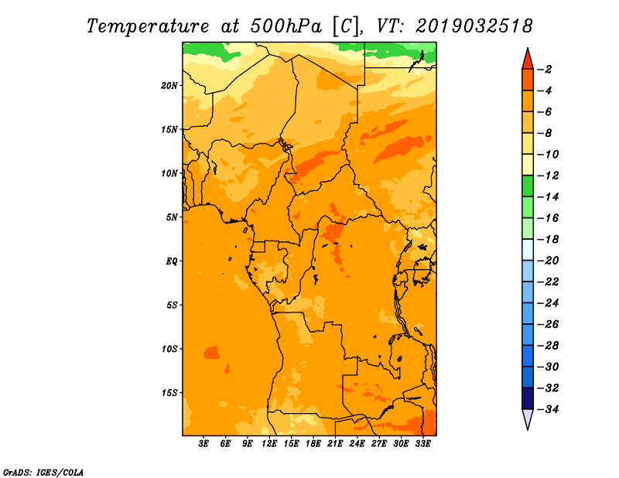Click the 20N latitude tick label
[169, 86]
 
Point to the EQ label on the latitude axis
[171, 261]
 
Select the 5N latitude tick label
[172, 217]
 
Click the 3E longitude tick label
[203, 444]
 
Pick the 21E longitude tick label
[335, 444]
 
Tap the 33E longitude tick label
[422, 444]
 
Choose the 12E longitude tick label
[269, 444]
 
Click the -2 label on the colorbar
[545, 70]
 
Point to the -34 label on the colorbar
[549, 409]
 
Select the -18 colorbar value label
[549, 239]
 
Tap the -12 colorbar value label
[549, 176]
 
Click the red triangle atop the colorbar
[528, 60]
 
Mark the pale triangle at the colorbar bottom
[528, 418]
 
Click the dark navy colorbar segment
[528, 398]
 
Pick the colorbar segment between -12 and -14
[528, 186]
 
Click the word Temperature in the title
[148, 26]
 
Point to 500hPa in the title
[286, 26]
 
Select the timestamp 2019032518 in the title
[474, 26]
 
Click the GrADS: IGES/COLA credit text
[43, 473]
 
